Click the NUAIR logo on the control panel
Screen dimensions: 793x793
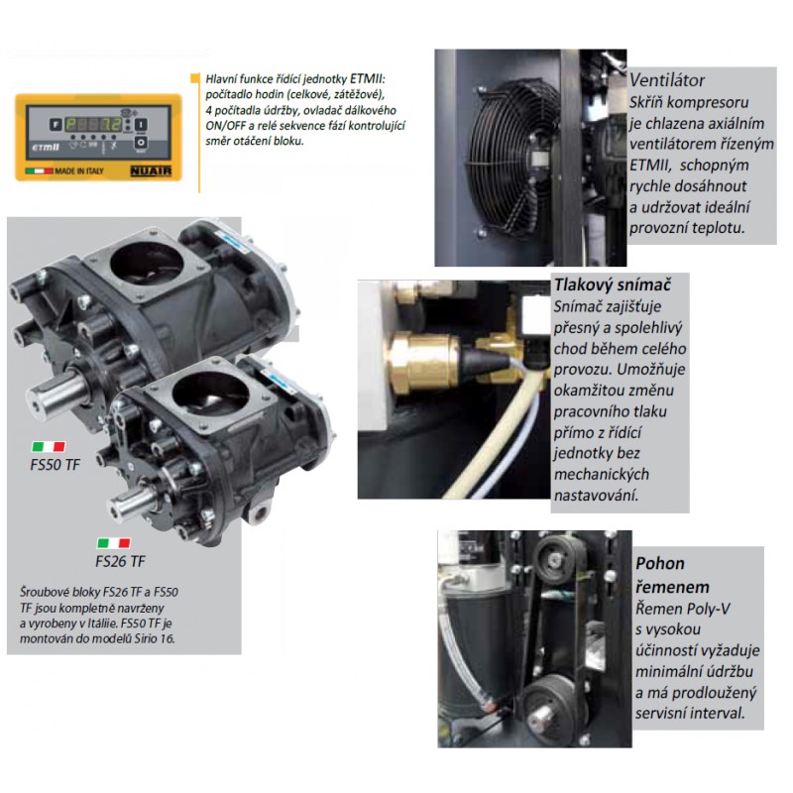tap(151, 170)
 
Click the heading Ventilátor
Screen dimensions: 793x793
tap(666, 80)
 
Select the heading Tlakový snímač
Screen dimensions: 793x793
tap(613, 284)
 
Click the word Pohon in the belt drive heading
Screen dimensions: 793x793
tap(660, 563)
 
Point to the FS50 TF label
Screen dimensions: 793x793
tap(55, 465)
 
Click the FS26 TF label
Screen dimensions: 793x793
tap(120, 561)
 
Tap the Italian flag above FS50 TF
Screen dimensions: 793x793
tap(49, 447)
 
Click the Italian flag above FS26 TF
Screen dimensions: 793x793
tap(114, 543)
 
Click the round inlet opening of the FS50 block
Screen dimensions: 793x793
tap(146, 263)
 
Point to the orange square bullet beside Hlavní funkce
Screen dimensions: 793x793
tap(194, 78)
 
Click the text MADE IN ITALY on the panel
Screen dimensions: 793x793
tap(79, 170)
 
